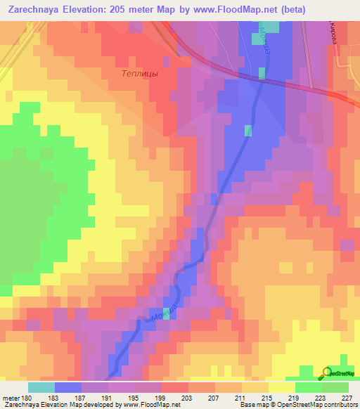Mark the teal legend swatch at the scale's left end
click(41, 387)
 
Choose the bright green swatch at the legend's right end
click(335, 387)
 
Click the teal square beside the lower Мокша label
click(167, 312)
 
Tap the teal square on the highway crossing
click(261, 72)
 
